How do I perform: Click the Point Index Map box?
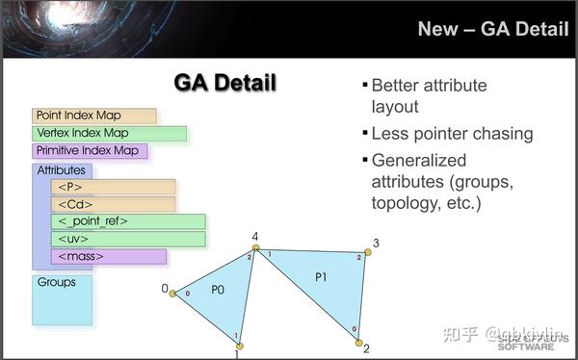click(x=93, y=116)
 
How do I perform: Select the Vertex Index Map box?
click(x=109, y=133)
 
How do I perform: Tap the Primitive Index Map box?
click(x=91, y=151)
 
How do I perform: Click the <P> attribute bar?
click(x=113, y=187)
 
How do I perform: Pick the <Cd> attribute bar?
click(x=113, y=204)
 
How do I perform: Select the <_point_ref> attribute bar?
click(x=128, y=221)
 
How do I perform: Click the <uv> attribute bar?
click(x=128, y=239)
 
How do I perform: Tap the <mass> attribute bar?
click(x=108, y=257)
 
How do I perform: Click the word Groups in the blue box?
click(x=56, y=283)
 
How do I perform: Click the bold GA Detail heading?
click(x=224, y=83)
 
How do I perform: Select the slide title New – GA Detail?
click(x=492, y=29)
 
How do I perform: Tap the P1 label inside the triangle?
click(x=322, y=277)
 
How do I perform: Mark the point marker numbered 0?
click(x=173, y=292)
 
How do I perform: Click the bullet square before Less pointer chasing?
click(x=364, y=134)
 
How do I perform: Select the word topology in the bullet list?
click(x=404, y=204)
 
